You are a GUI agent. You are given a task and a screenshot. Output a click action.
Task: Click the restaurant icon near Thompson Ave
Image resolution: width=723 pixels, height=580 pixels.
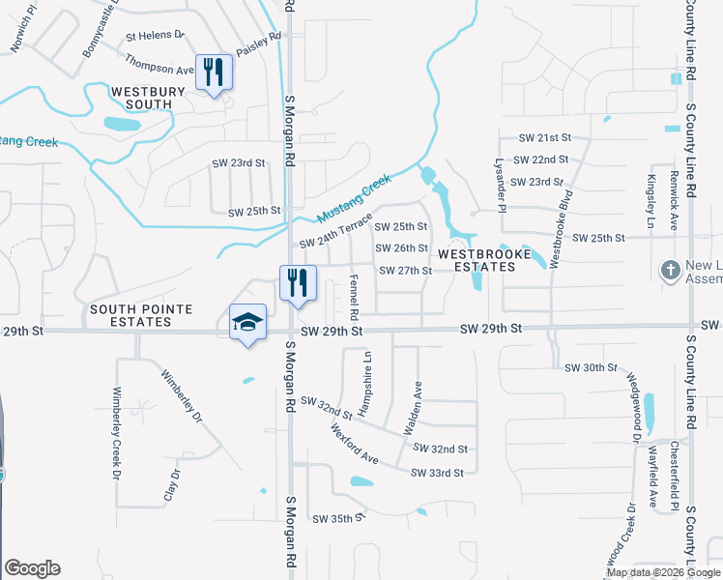click(x=214, y=72)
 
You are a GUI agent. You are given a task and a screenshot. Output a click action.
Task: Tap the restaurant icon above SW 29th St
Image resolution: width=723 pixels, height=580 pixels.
click(x=296, y=282)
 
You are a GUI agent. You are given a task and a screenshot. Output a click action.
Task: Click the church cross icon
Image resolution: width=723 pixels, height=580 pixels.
click(x=669, y=271)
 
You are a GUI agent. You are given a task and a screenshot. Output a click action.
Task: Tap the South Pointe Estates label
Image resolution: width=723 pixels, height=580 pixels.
click(x=141, y=315)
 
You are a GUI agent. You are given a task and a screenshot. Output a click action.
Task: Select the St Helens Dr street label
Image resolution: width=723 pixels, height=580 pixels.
click(x=155, y=35)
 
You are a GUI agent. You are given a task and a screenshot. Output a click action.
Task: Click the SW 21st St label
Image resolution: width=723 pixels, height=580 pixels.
click(x=546, y=138)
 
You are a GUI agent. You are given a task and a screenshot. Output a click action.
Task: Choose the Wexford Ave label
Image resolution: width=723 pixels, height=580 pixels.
click(x=354, y=442)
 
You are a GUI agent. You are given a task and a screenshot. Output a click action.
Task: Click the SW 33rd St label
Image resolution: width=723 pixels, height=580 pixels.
click(x=438, y=473)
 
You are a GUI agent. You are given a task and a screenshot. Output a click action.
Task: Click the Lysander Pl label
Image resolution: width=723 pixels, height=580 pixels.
click(x=501, y=185)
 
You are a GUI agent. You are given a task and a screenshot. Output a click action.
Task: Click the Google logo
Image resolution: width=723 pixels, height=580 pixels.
click(x=32, y=568)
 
